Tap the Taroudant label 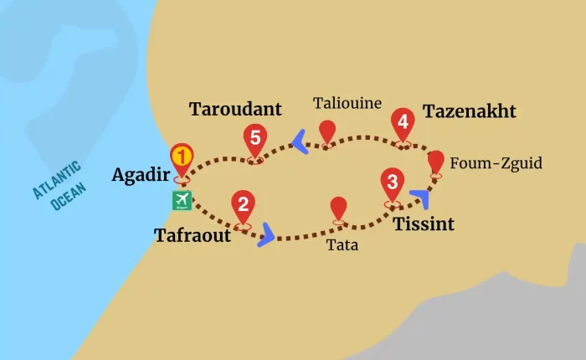tap(235, 110)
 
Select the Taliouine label tap(347, 104)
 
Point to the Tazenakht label tap(469, 112)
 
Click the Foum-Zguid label tap(496, 162)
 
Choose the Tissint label tap(424, 224)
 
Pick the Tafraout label tap(193, 235)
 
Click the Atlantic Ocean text tap(58, 186)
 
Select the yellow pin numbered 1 tap(182, 157)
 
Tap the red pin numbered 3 tap(392, 182)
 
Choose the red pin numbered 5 tap(254, 137)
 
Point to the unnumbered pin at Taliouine tap(327, 131)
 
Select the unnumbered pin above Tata tap(338, 208)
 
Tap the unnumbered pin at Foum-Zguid tap(436, 161)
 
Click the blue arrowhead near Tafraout tap(267, 234)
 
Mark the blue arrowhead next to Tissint tap(421, 198)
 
